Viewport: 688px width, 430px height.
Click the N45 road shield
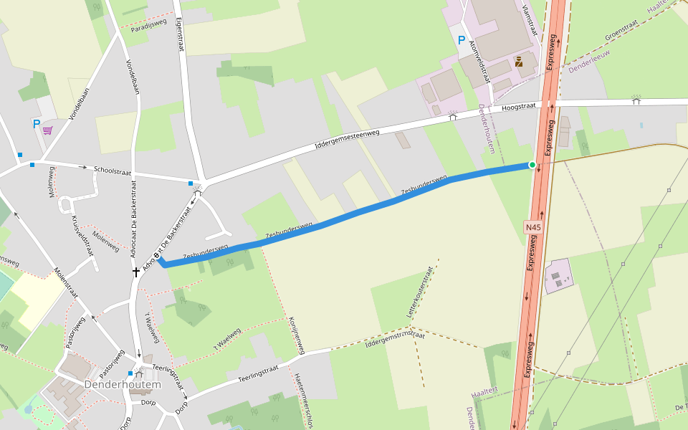532,228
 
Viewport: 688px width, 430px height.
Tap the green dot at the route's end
532,165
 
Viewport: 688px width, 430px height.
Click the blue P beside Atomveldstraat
462,40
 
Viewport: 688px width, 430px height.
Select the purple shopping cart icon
47,130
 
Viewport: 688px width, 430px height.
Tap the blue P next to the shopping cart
37,124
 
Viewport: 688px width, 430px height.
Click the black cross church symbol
135,272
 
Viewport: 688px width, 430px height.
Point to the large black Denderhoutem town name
123,384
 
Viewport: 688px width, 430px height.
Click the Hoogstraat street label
519,106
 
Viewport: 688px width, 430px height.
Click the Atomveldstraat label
479,59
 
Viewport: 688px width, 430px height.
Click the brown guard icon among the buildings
518,62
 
